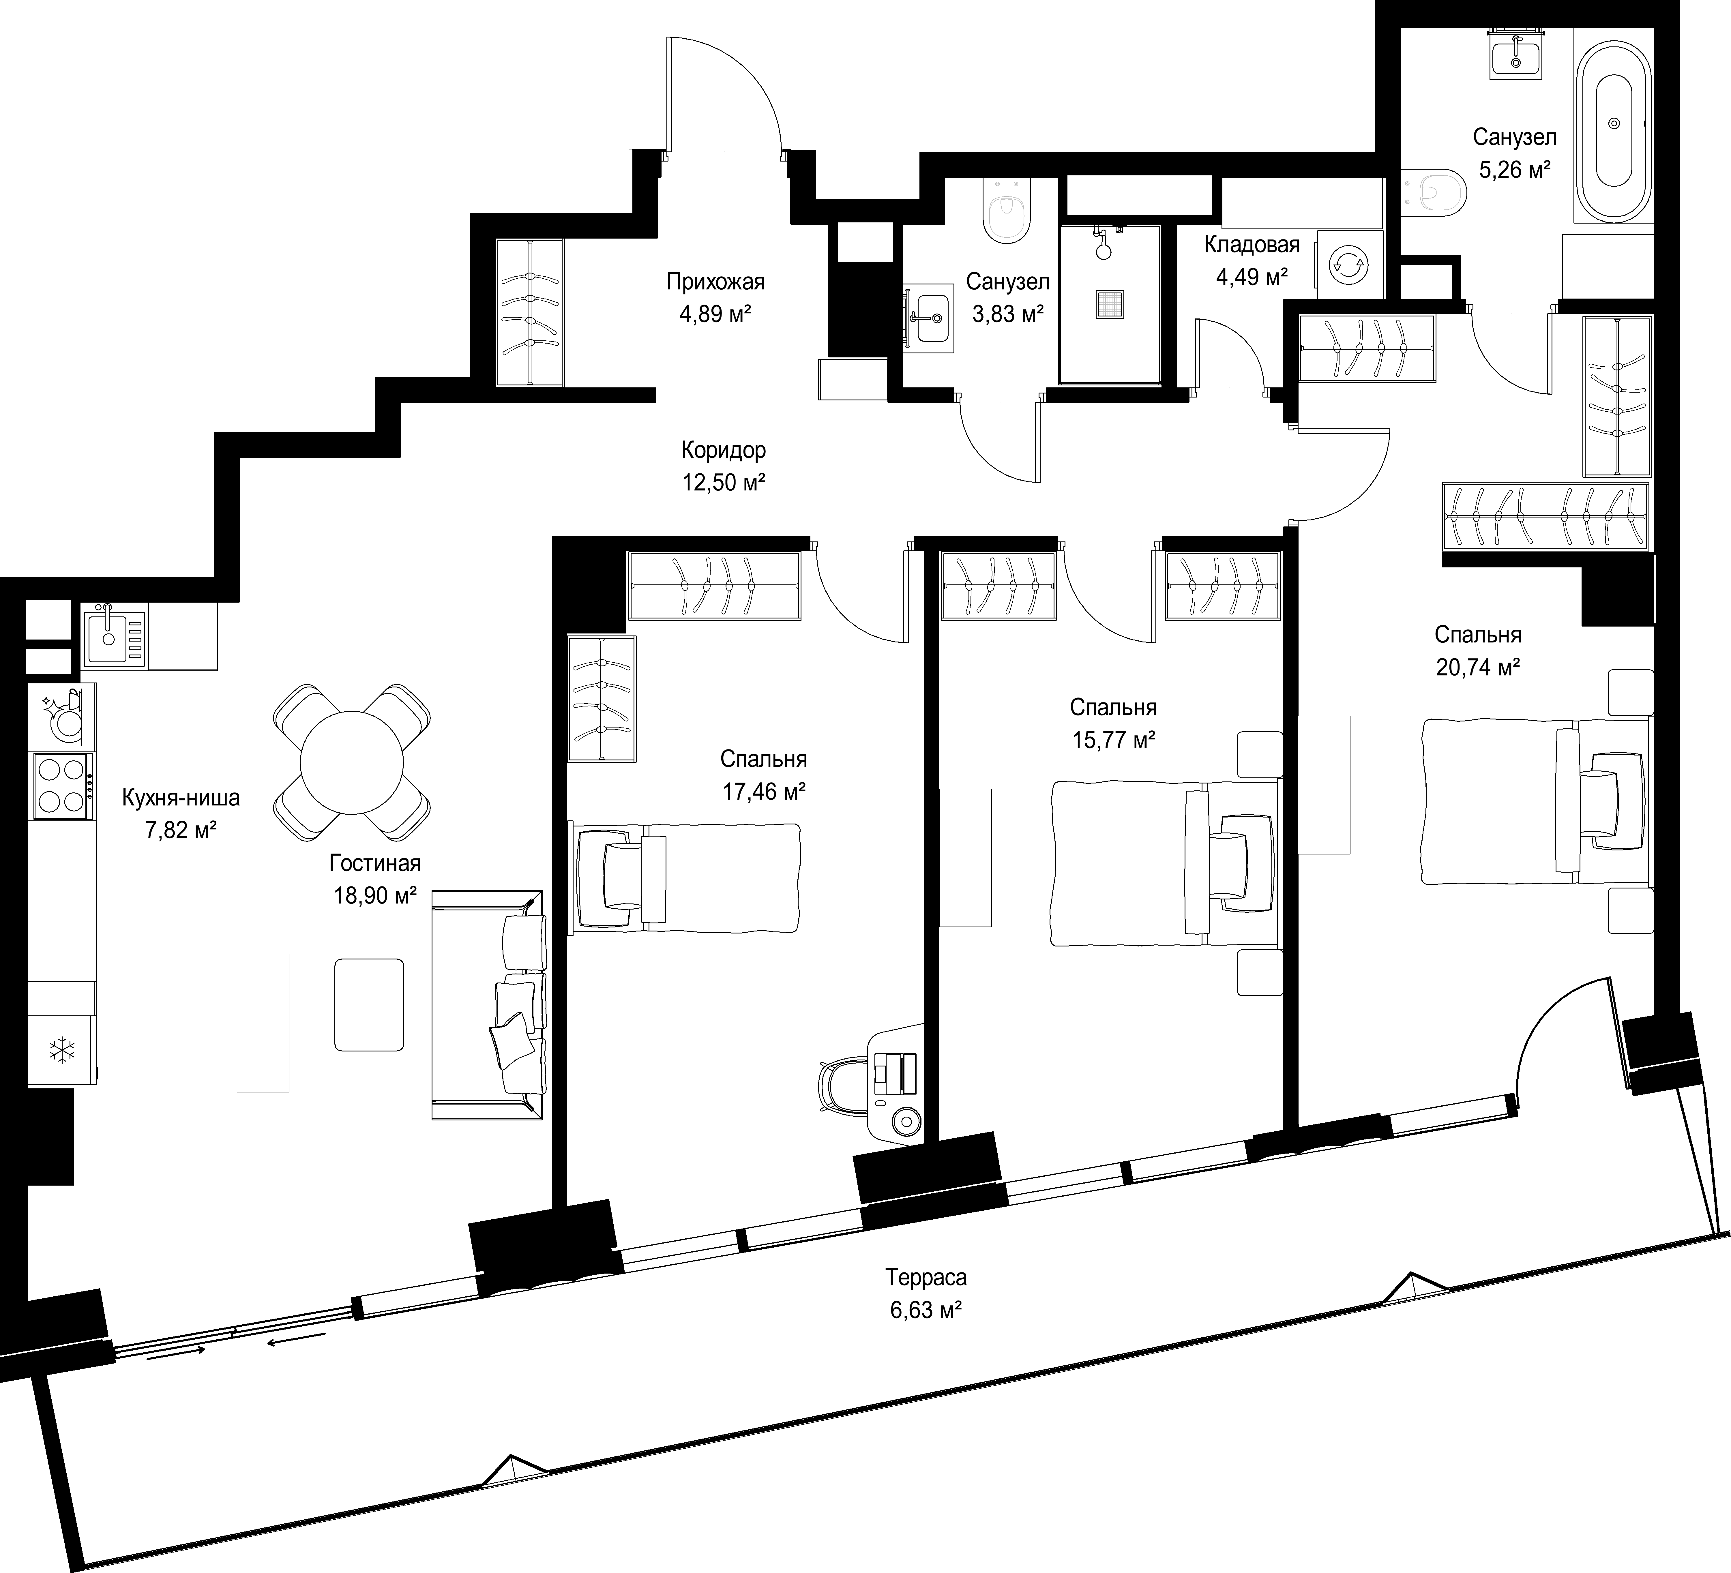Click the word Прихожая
(x=715, y=282)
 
